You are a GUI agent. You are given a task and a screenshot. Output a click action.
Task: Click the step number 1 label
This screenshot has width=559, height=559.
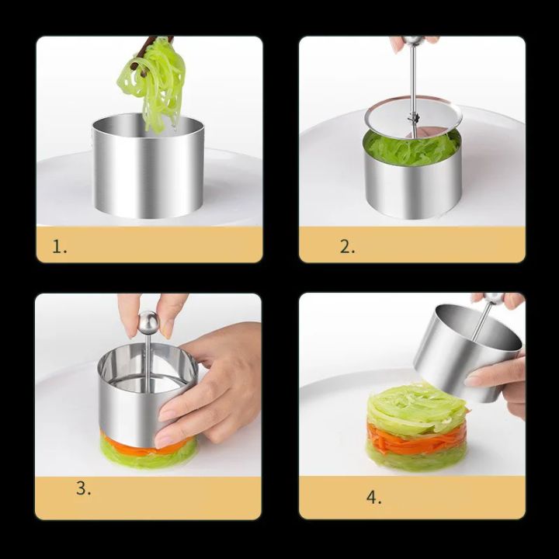[60, 248]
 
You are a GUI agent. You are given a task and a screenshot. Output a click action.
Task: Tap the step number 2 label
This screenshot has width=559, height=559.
[347, 247]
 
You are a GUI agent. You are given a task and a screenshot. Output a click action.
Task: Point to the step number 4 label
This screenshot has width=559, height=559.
[374, 498]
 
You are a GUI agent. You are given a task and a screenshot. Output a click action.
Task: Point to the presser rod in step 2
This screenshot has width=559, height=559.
[413, 78]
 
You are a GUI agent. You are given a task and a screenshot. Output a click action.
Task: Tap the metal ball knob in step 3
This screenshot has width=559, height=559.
[148, 321]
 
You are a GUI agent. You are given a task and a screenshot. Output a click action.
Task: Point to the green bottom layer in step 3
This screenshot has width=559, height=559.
[148, 458]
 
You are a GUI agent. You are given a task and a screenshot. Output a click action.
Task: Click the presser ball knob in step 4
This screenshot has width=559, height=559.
[494, 298]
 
